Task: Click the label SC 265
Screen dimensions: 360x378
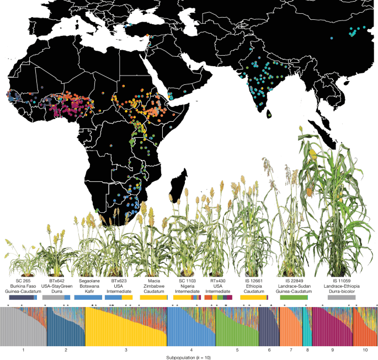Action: (x=21, y=281)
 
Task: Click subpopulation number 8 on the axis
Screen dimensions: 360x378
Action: (x=307, y=350)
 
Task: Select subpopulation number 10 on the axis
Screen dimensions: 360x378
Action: (x=364, y=350)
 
